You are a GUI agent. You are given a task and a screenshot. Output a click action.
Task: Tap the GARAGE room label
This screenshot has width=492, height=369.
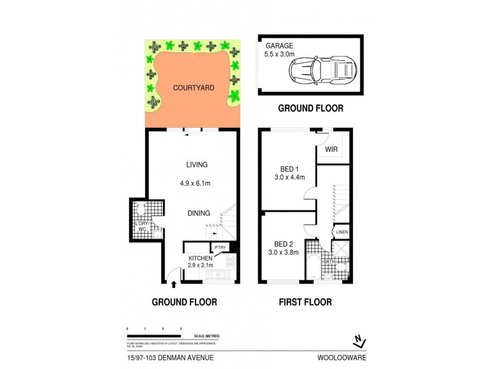279,46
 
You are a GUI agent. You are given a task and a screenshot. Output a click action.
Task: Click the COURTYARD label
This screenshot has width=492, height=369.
193,88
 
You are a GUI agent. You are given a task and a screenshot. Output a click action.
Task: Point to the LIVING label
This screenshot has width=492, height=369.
197,165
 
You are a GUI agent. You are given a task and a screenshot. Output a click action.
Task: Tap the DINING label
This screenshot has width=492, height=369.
199,213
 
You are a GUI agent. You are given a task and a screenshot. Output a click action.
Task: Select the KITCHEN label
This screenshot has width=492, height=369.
200,258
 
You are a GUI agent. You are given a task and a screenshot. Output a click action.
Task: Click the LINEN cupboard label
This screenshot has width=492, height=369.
342,232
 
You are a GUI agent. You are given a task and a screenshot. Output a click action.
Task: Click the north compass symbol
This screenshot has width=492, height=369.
360,339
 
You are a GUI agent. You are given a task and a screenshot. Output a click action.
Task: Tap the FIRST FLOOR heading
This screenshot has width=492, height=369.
305,302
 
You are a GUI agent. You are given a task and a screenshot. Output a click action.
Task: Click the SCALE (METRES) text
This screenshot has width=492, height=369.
205,336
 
